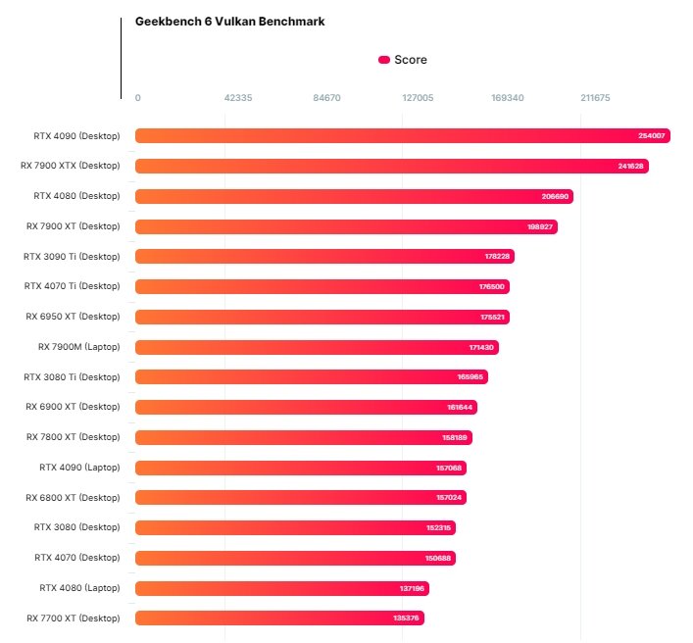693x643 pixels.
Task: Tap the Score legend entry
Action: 403,60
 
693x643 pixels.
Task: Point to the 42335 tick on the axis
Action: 238,98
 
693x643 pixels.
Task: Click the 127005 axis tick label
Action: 418,98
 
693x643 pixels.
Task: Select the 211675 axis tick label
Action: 595,98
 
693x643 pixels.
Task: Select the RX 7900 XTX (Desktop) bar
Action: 391,166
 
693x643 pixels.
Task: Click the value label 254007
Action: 651,136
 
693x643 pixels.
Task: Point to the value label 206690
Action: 555,196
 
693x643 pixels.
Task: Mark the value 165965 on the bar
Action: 470,377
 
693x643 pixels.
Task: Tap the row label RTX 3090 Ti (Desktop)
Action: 72,257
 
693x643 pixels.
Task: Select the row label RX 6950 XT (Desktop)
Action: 73,317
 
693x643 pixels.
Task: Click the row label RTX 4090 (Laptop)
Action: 79,468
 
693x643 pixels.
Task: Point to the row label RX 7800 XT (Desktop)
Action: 73,437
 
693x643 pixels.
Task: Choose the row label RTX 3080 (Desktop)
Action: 76,527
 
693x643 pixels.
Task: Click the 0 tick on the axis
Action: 137,98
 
